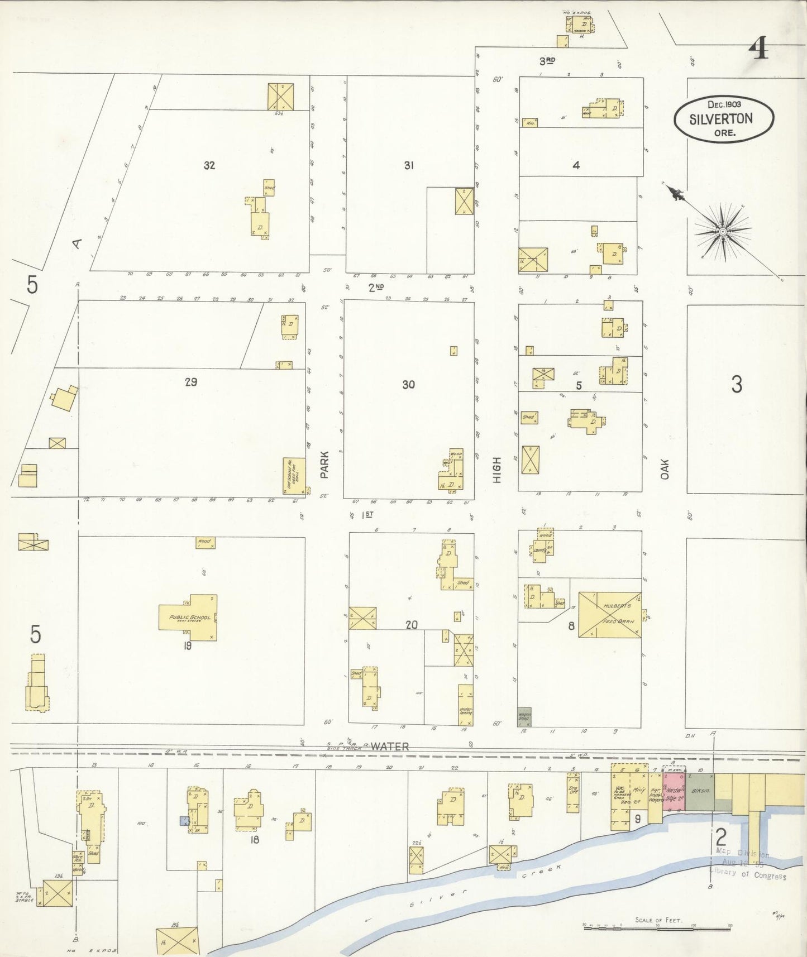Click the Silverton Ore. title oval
pyautogui.click(x=724, y=119)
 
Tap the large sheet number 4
pyautogui.click(x=759, y=48)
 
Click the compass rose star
pyautogui.click(x=723, y=231)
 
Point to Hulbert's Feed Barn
pyautogui.click(x=609, y=614)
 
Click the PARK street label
pyautogui.click(x=324, y=465)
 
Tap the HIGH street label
pyautogui.click(x=496, y=470)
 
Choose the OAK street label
pyautogui.click(x=664, y=469)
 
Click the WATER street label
pyautogui.click(x=390, y=746)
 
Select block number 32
pyautogui.click(x=209, y=165)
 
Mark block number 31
pyautogui.click(x=409, y=165)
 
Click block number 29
pyautogui.click(x=190, y=382)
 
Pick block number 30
pyautogui.click(x=408, y=385)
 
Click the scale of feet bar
pyautogui.click(x=657, y=927)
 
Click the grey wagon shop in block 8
pyautogui.click(x=524, y=716)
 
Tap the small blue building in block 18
pyautogui.click(x=183, y=821)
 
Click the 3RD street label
pyautogui.click(x=547, y=60)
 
